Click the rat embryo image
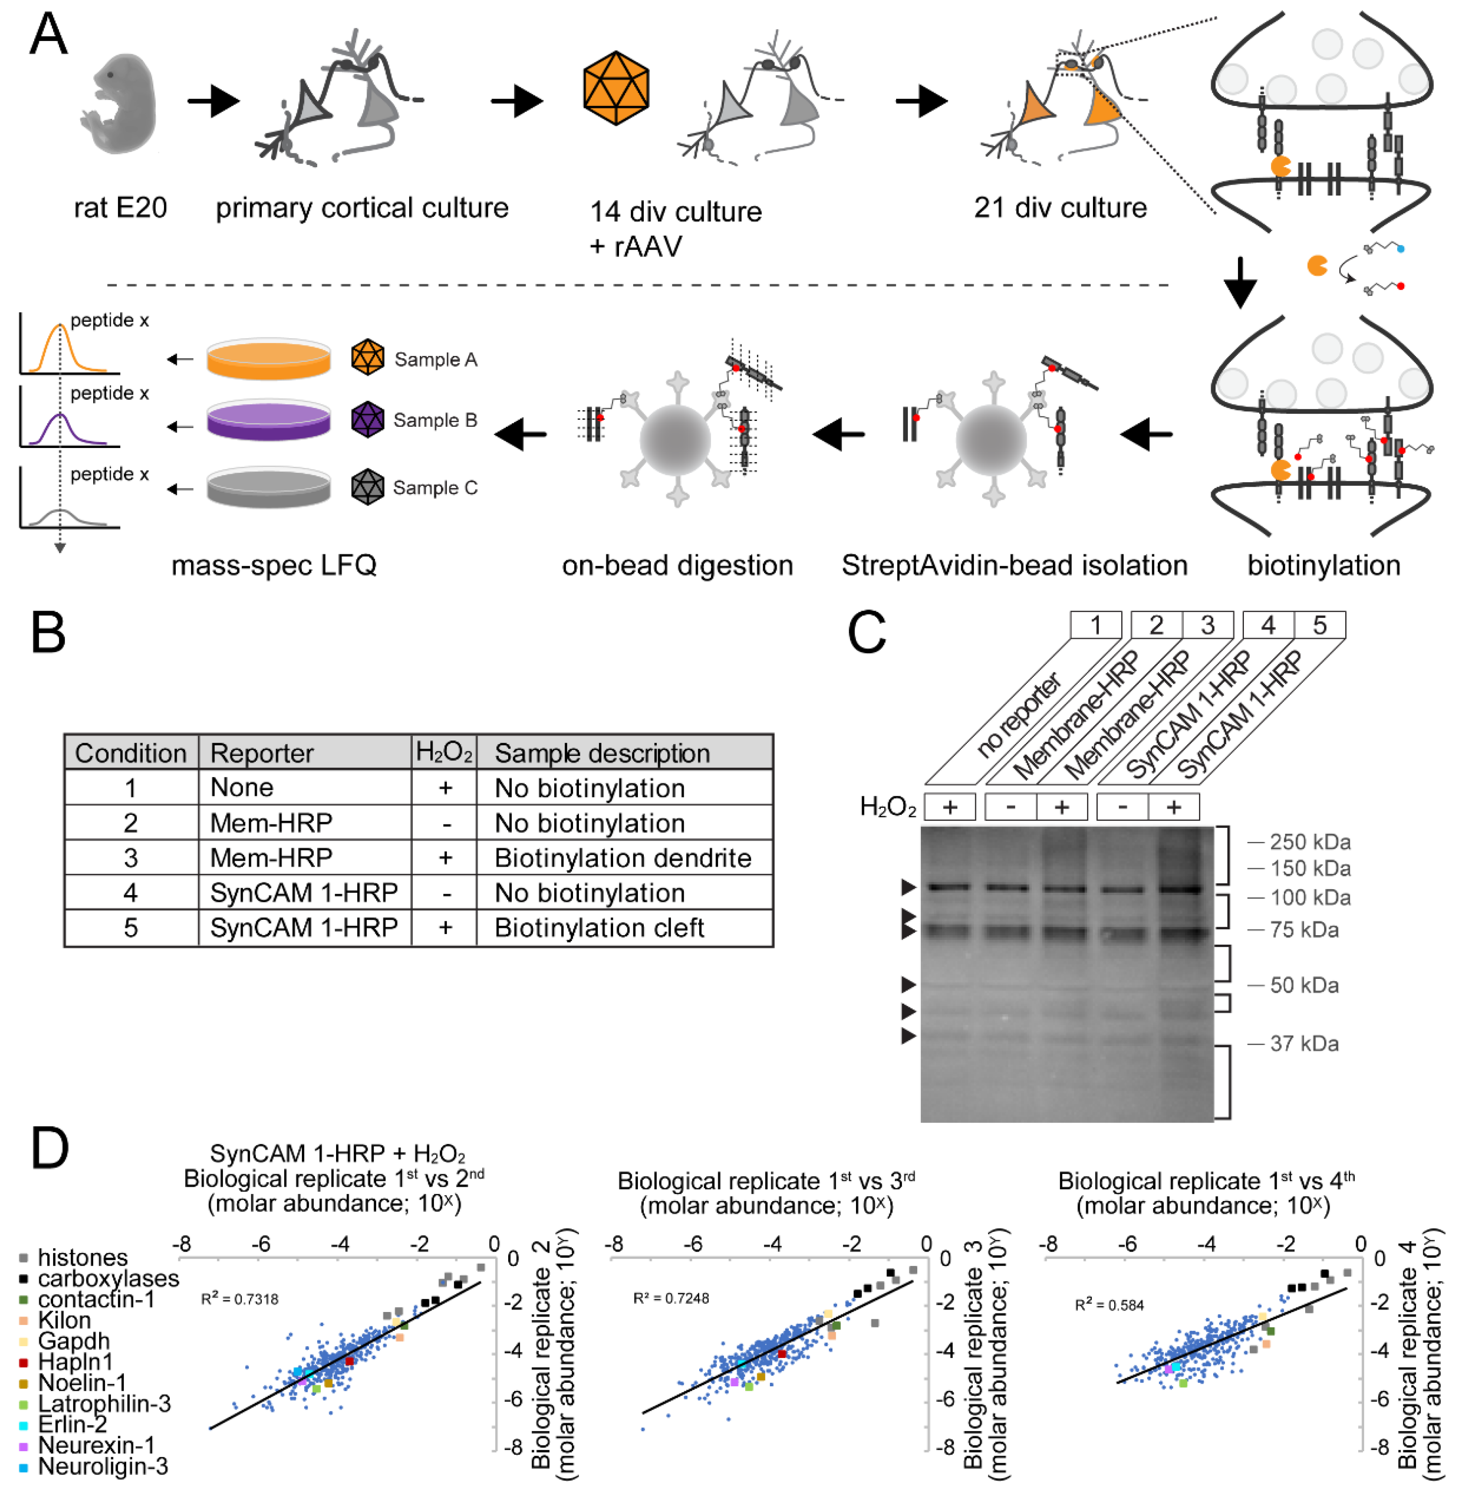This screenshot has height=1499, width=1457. [x=118, y=103]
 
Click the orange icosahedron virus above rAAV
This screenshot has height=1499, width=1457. [x=616, y=88]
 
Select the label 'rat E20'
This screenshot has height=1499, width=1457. [x=120, y=207]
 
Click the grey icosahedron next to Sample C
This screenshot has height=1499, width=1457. [x=367, y=487]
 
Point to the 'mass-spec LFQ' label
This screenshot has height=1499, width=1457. [x=274, y=566]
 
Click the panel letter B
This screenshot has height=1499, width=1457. [x=48, y=634]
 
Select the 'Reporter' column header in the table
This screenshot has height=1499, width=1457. [x=262, y=753]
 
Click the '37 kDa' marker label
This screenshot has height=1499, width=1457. [x=1304, y=1043]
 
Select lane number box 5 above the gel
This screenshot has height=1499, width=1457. [x=1319, y=626]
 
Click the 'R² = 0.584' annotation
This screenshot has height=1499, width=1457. [x=1109, y=1305]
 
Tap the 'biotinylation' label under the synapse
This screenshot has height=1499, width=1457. [x=1324, y=566]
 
